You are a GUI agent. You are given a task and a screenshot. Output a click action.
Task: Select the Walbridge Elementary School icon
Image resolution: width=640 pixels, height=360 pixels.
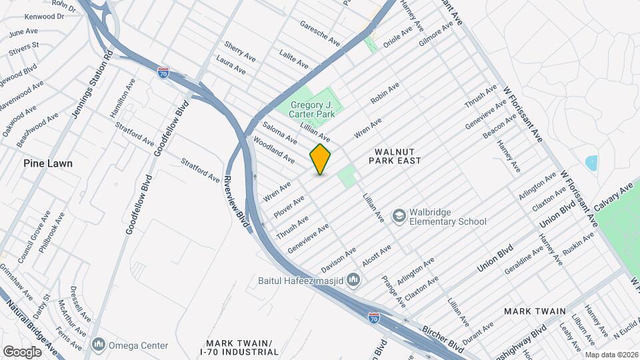tap(399, 216)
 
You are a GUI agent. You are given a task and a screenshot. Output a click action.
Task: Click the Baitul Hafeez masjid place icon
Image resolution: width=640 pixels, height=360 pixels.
tap(353, 281)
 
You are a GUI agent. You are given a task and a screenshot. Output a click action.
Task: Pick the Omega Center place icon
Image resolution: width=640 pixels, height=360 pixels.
tap(99, 345)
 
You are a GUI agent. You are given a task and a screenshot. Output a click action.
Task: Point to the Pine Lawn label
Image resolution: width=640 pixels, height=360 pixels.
tap(47, 163)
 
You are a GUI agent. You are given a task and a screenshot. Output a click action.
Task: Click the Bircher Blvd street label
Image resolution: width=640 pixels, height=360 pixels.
tap(443, 339)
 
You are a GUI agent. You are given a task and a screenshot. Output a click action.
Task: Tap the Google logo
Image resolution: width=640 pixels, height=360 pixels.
tap(22, 351)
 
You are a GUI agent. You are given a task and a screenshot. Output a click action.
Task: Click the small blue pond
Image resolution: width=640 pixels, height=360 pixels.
tap(591, 163)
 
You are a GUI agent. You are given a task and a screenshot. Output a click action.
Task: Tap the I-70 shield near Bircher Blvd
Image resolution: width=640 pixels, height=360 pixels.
tap(375, 318)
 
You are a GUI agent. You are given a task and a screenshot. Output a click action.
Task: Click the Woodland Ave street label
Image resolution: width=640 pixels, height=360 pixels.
tap(273, 150)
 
